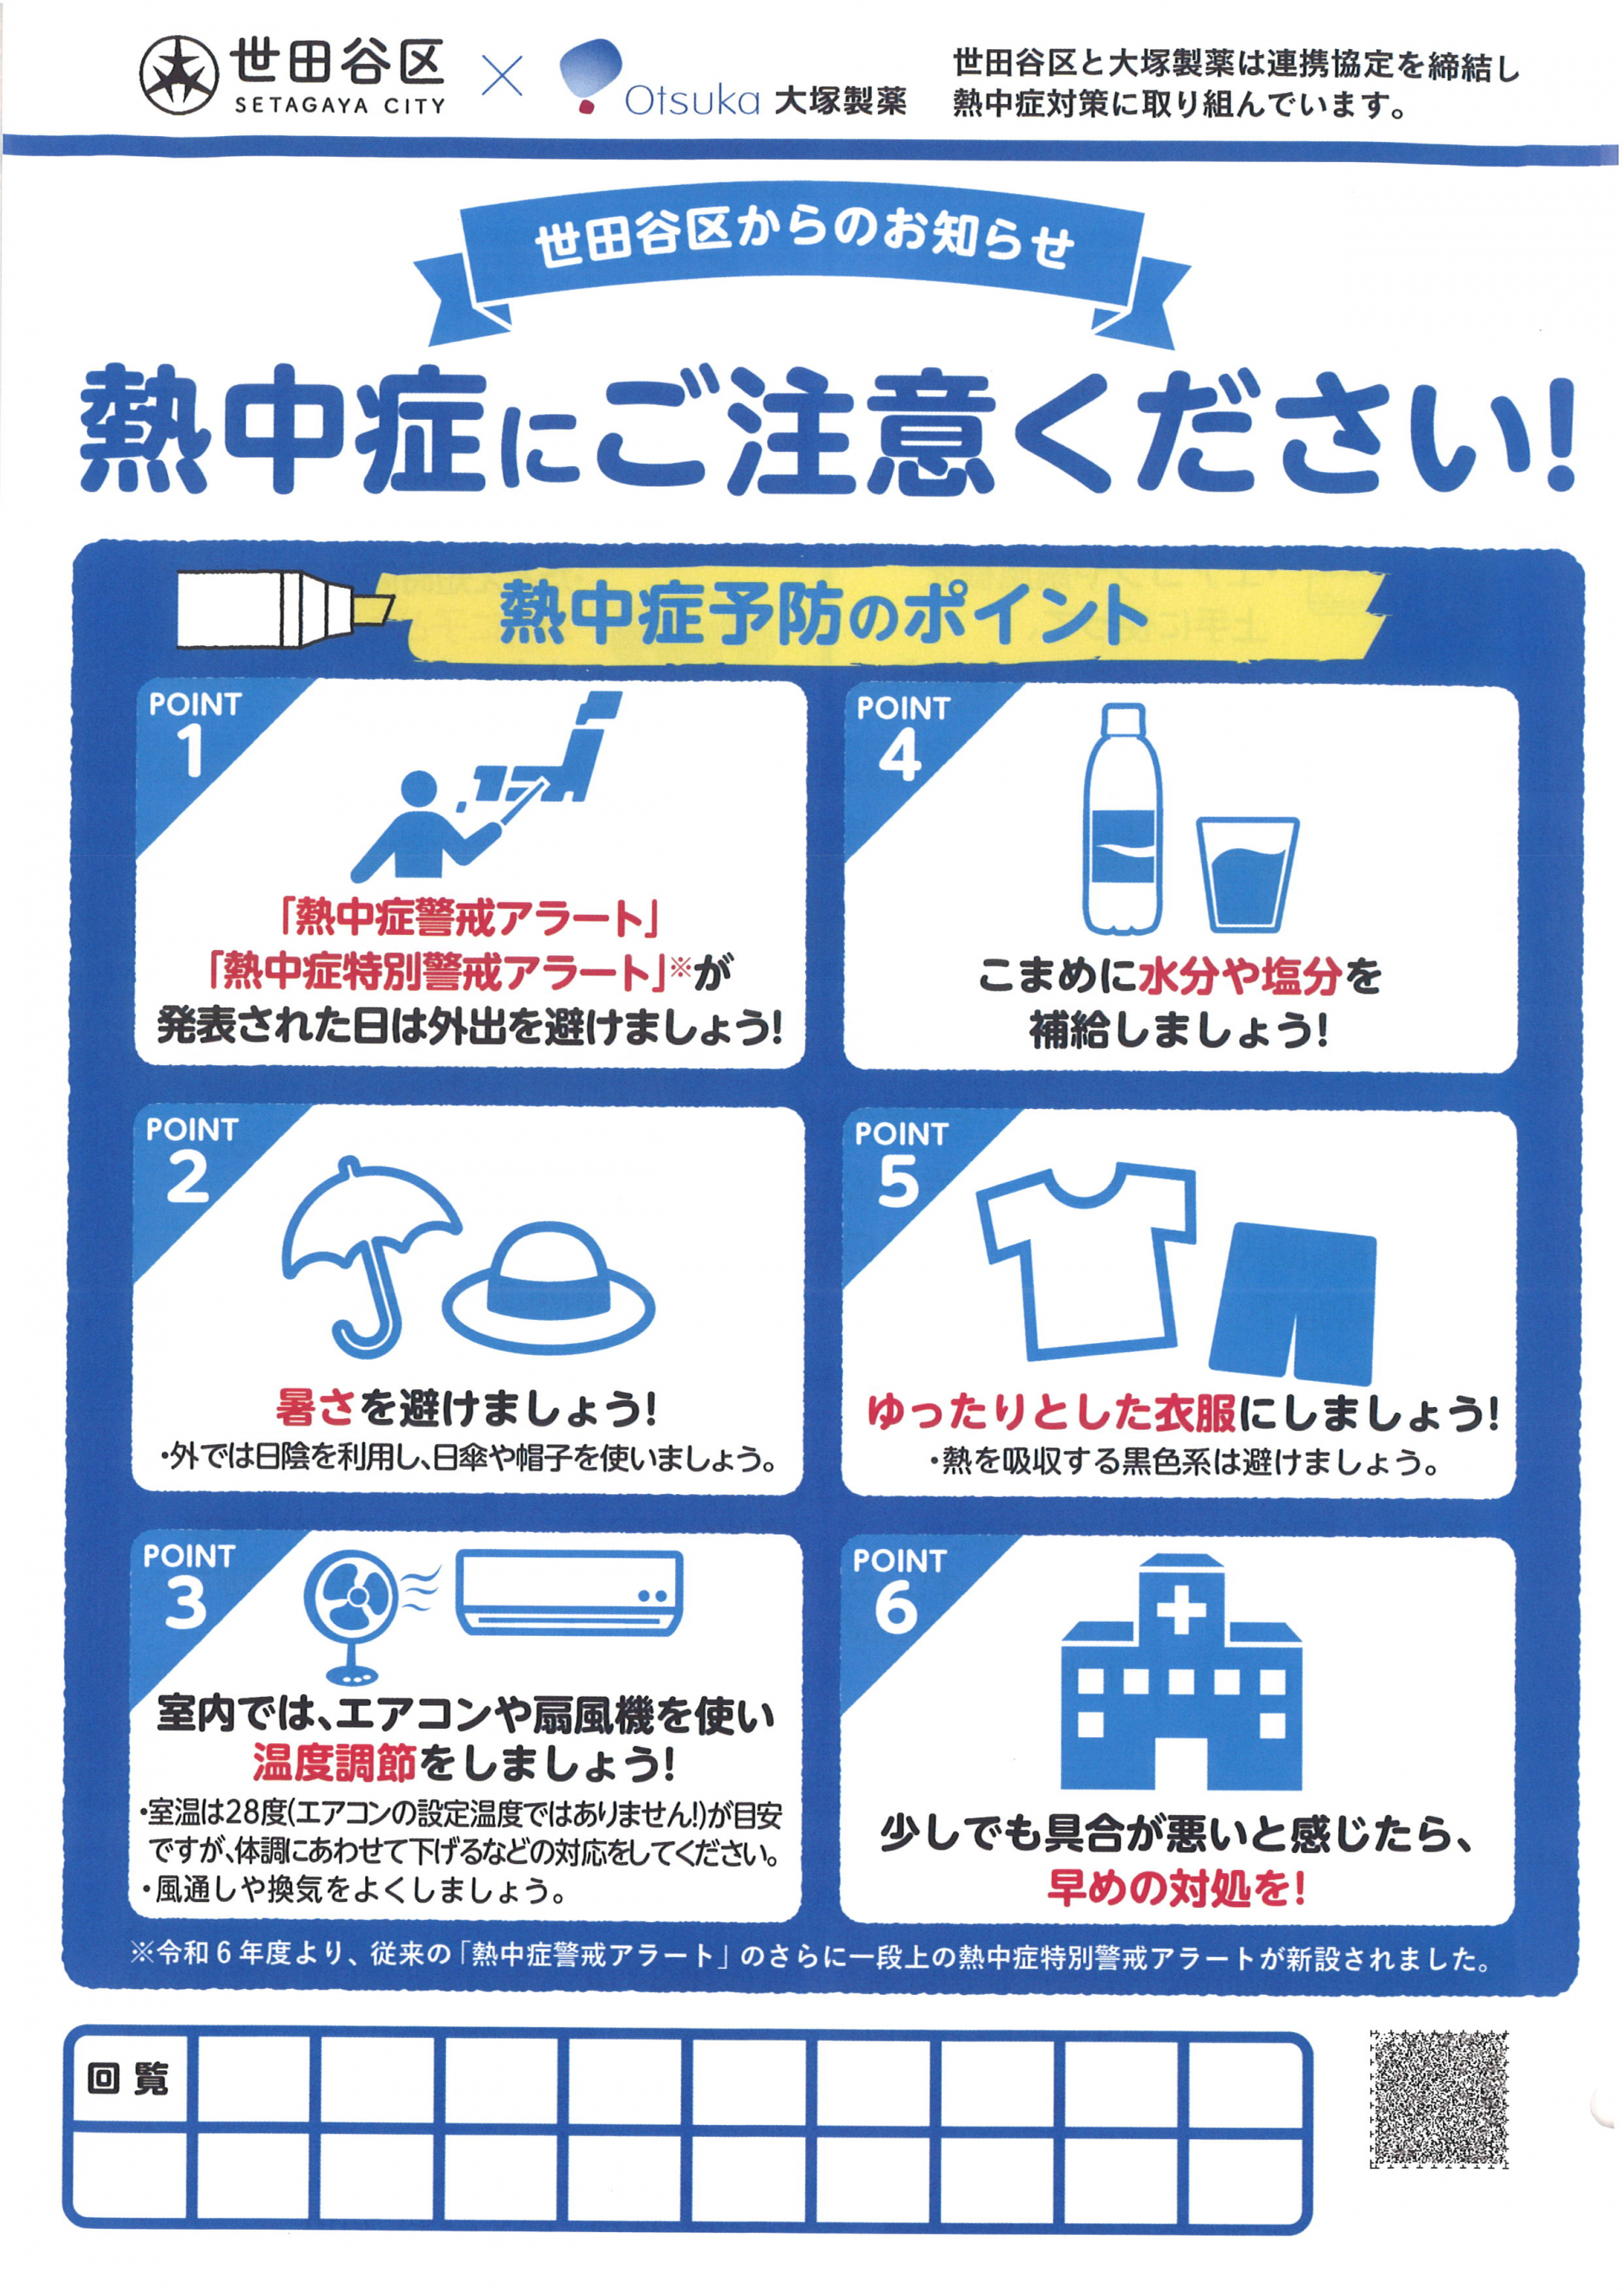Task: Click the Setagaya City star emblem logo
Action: coord(179,75)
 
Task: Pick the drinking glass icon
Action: coord(1248,875)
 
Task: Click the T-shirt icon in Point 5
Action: coord(1086,1259)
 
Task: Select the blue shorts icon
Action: coord(1293,1302)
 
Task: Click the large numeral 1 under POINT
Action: coord(190,750)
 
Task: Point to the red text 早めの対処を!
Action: coord(1177,1888)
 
